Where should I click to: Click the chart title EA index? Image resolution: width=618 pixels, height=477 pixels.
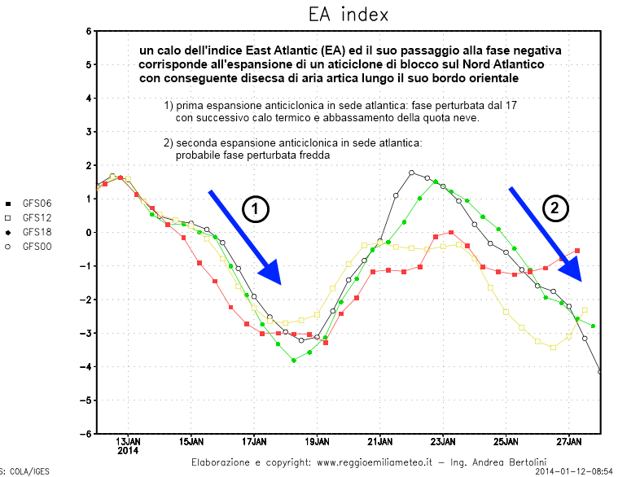click(x=348, y=15)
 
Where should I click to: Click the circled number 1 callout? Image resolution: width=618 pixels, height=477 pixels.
click(x=255, y=209)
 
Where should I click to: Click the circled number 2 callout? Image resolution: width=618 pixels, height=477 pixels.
click(x=555, y=208)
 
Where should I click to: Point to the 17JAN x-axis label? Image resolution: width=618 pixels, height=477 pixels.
click(x=254, y=442)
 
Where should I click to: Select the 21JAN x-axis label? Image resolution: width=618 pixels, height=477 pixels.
click(x=380, y=442)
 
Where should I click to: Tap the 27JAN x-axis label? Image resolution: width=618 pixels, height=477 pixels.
click(x=568, y=442)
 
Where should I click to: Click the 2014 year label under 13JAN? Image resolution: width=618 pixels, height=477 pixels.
click(x=129, y=451)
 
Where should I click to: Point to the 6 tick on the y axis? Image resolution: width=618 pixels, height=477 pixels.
click(x=89, y=31)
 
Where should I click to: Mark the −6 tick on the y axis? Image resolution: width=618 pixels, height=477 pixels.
click(x=86, y=434)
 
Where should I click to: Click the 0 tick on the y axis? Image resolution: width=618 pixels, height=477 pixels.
click(x=89, y=232)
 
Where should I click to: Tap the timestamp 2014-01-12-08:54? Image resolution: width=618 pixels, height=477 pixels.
click(x=574, y=471)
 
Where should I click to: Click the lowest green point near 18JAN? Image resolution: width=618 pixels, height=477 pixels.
click(x=294, y=360)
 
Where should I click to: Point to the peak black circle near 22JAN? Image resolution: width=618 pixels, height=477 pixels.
click(x=412, y=173)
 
